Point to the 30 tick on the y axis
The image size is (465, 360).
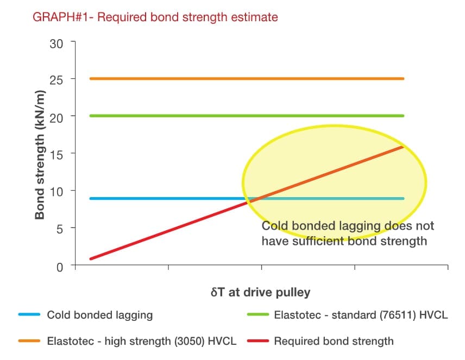(x=56, y=44)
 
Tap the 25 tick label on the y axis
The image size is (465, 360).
(x=56, y=79)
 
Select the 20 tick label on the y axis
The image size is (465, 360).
(x=56, y=117)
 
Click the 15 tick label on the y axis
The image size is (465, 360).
(x=56, y=154)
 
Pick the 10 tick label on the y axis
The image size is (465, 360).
(x=56, y=191)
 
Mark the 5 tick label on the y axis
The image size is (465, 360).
(x=60, y=229)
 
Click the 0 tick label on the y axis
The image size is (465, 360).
(x=60, y=266)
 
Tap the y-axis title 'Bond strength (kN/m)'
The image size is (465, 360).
(x=40, y=154)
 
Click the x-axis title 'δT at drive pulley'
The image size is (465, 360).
(x=261, y=292)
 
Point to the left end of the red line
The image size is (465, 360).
(x=90, y=258)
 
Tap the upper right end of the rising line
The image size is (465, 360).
(x=403, y=147)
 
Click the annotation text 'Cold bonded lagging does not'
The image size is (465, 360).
(x=348, y=226)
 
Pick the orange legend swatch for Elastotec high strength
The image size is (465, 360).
(x=29, y=342)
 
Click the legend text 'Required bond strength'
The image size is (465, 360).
(x=334, y=342)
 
